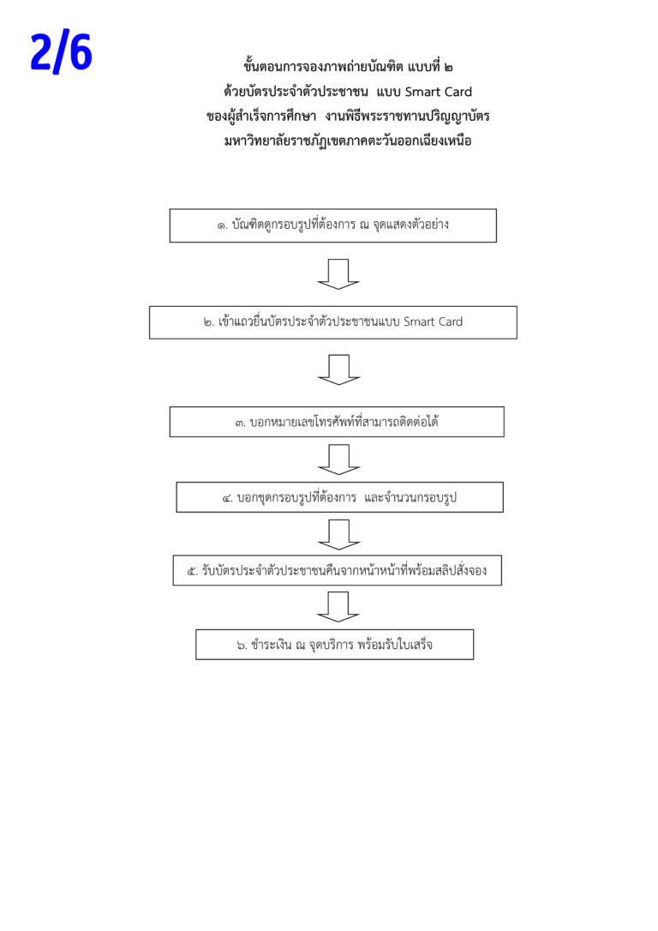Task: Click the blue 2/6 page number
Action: point(61,51)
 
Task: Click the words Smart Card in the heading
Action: point(439,92)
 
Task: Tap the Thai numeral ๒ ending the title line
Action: point(448,67)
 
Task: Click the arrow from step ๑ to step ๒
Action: point(338,273)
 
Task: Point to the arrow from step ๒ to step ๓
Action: point(338,369)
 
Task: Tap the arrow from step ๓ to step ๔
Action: point(338,459)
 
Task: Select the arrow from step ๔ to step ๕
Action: point(338,534)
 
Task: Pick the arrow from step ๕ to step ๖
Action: point(338,607)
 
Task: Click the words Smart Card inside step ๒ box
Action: point(434,321)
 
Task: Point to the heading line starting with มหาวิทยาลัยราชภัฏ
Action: point(348,141)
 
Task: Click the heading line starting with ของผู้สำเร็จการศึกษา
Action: point(348,116)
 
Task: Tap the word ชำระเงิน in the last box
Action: point(271,644)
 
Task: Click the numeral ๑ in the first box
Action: point(221,226)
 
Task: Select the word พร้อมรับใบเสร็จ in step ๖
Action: point(395,644)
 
